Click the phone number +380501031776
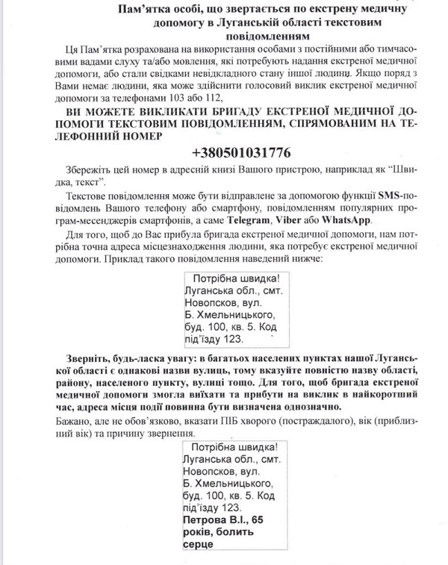click(241, 152)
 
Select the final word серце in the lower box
click(197, 544)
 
